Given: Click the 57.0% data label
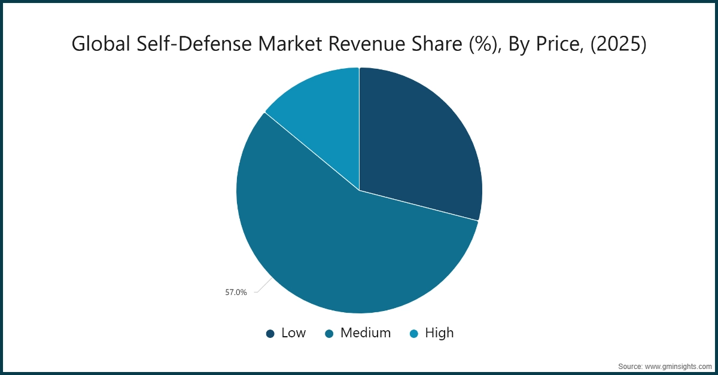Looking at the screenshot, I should point(236,293).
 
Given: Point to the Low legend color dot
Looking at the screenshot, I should point(270,334).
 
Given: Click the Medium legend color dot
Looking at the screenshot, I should point(330,334).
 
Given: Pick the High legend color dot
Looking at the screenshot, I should point(414,334).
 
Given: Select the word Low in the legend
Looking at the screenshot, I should point(293,333).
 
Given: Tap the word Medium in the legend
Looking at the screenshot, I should point(365,333).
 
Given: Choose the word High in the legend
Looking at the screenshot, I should point(439,333).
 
